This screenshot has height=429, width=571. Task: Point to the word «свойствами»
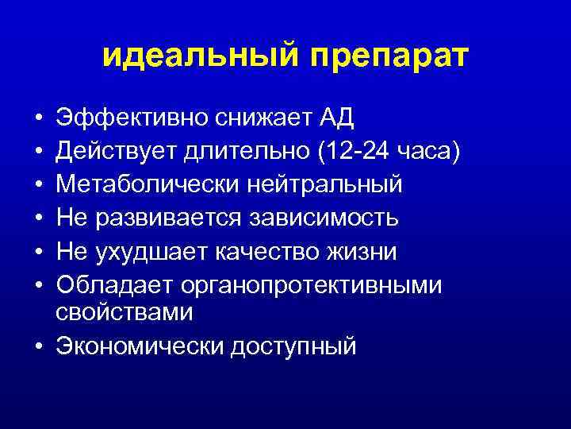click(125, 312)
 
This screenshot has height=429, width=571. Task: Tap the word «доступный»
click(293, 347)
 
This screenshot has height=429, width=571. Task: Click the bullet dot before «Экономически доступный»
click(39, 346)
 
